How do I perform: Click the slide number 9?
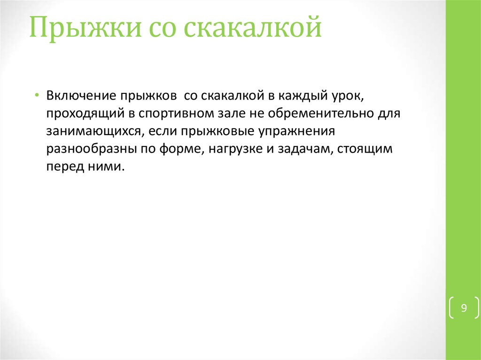[x=464, y=308]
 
